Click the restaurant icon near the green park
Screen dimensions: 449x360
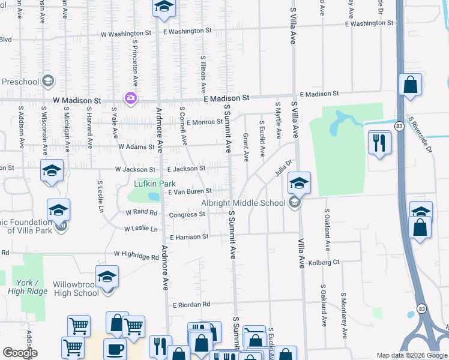(x=379, y=143)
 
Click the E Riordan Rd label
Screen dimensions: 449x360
(x=192, y=305)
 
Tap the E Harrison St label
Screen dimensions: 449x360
(x=189, y=237)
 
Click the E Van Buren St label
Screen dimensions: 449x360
(x=190, y=191)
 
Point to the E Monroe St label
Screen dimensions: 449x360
(x=205, y=122)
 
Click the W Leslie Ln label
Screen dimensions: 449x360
(x=141, y=229)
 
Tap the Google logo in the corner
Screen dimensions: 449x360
(x=20, y=353)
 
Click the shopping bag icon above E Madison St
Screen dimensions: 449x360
(x=411, y=85)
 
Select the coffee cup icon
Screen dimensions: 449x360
(x=115, y=349)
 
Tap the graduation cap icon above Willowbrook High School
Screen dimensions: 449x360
(x=107, y=277)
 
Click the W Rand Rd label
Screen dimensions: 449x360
(x=141, y=212)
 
